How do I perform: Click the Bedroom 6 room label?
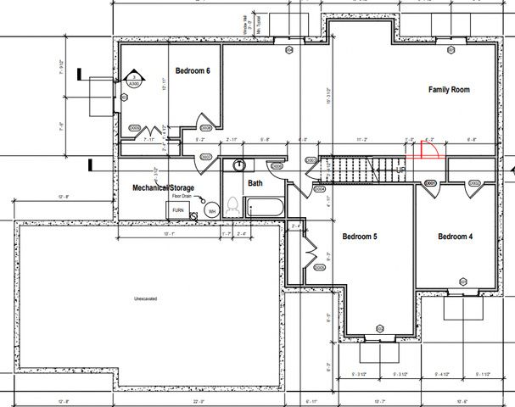(193, 71)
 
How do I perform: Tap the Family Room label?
(448, 90)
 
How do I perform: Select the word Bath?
(255, 183)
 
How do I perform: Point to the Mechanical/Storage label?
(163, 187)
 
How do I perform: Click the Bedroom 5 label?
(359, 237)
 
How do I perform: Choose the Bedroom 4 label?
(455, 237)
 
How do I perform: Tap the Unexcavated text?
(148, 299)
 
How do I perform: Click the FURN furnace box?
(178, 209)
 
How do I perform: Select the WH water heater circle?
(212, 210)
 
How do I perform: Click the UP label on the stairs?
(401, 170)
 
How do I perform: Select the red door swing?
(425, 150)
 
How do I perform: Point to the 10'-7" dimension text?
(380, 401)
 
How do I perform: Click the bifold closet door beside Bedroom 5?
(311, 254)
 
